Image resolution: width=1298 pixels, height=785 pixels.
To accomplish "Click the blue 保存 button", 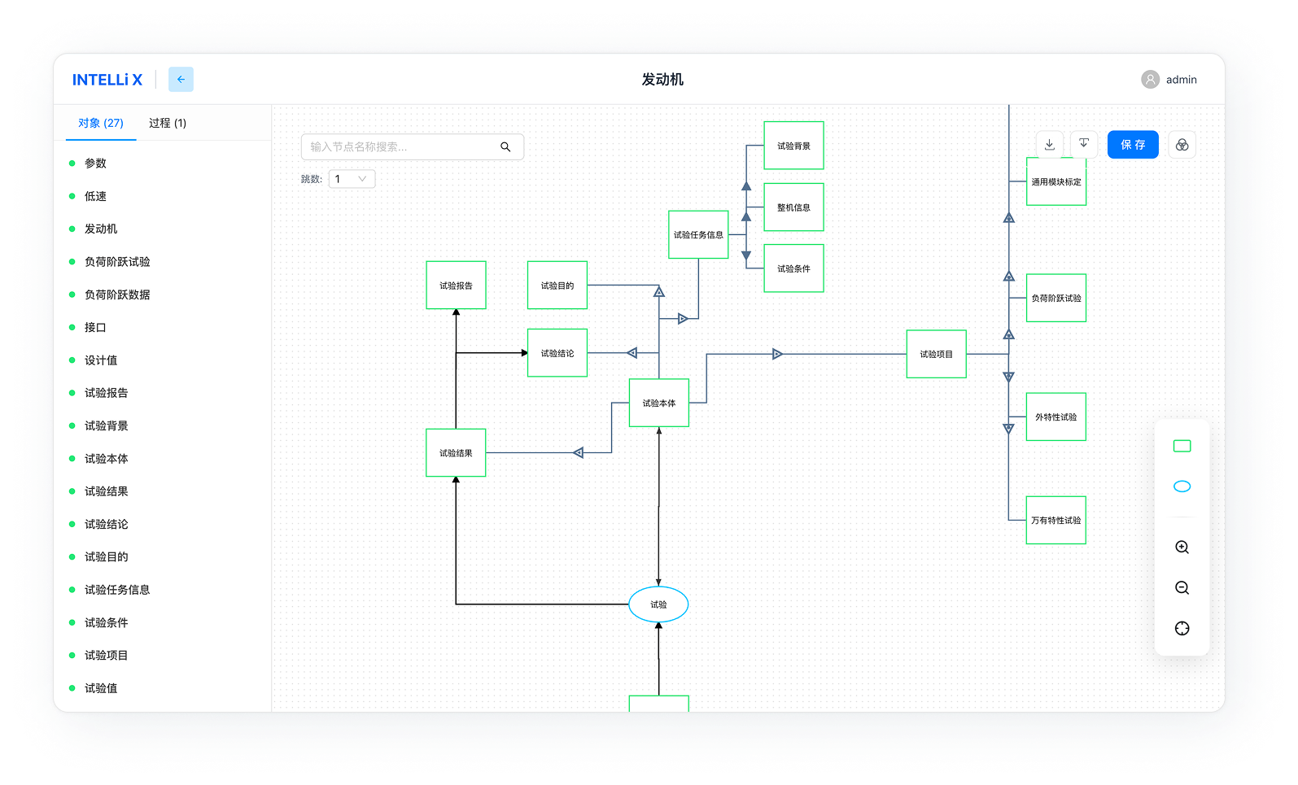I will [x=1132, y=145].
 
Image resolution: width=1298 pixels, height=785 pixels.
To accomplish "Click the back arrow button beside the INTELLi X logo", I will [x=181, y=80].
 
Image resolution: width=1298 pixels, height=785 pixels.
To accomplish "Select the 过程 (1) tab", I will [x=168, y=123].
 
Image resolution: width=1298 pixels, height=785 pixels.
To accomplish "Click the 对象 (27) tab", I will [x=101, y=123].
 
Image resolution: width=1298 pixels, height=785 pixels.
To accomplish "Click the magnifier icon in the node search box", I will [x=505, y=147].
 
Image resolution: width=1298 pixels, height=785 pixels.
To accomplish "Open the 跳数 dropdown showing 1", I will [x=352, y=179].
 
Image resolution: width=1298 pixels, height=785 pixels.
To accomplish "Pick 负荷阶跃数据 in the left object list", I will [x=117, y=294].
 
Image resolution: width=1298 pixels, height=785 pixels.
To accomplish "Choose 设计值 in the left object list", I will [x=101, y=360].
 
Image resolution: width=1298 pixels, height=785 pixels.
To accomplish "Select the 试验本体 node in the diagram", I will [x=658, y=403].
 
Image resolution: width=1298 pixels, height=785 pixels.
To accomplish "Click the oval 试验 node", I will [x=658, y=604].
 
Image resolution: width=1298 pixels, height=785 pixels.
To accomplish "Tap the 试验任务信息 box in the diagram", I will [x=698, y=234].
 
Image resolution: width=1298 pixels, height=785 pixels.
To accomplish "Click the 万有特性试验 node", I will [x=1055, y=520].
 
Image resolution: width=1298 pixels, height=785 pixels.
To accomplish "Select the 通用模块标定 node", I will [x=1055, y=182].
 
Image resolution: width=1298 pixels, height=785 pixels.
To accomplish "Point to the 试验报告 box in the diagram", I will [x=456, y=286].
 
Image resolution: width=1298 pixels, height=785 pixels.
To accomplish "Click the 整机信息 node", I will [x=793, y=207].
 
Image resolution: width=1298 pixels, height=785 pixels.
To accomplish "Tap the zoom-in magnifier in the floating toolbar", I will [x=1182, y=547].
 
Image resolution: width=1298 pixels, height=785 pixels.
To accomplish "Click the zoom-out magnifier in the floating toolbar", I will [x=1182, y=588].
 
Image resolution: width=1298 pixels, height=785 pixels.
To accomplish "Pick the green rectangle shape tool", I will [x=1182, y=446].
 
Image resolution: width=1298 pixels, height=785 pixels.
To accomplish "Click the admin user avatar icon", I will [x=1150, y=80].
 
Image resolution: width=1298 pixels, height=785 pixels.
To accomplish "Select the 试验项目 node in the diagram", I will [x=936, y=354].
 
